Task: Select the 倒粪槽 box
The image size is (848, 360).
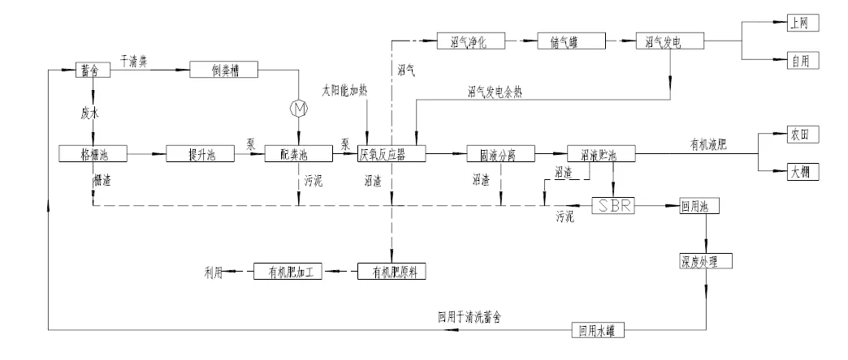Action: pos(224,71)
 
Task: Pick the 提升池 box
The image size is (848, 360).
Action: pos(200,152)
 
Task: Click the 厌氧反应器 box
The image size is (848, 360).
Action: pos(393,152)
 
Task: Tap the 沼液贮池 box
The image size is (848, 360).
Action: pos(602,152)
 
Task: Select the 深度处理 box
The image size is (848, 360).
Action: pos(705,261)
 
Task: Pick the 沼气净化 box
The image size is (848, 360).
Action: pos(473,41)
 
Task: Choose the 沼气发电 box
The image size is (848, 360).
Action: pos(670,41)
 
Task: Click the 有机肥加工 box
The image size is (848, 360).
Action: pos(288,272)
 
